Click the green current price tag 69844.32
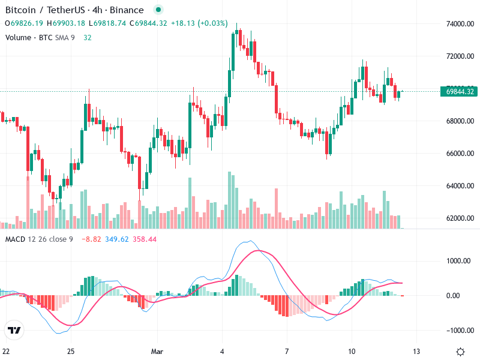coord(460,92)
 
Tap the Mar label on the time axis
coord(157,351)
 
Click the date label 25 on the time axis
coord(71,351)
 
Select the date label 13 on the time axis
coord(416,351)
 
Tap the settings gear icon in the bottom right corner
coord(460,352)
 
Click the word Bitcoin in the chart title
coord(20,10)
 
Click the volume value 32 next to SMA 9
coord(87,37)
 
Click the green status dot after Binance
coord(157,10)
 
